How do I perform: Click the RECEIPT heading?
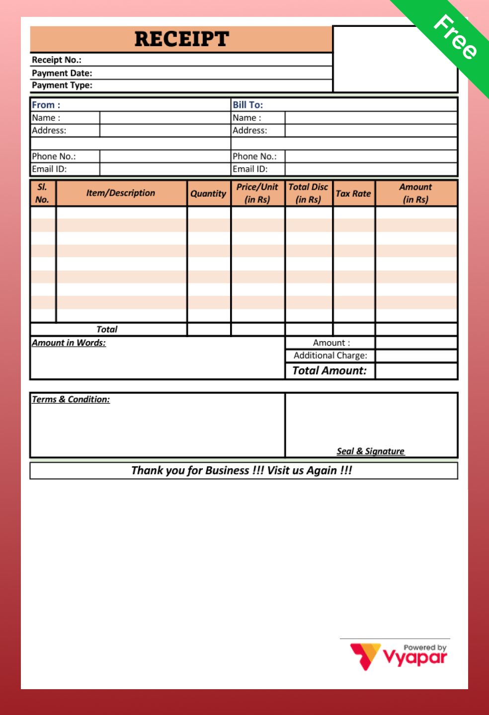181,39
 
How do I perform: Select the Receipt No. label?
57,60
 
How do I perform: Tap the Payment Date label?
62,73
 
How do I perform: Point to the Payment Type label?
62,85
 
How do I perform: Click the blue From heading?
46,105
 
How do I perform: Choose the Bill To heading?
247,105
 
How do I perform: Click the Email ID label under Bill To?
250,169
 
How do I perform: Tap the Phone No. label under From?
54,156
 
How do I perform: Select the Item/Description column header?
120,193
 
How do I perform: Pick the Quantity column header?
208,194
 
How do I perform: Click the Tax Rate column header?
353,194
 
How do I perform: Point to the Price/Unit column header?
257,193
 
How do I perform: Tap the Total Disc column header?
308,193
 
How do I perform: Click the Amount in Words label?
69,343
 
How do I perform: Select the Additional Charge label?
330,356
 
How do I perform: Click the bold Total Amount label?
329,370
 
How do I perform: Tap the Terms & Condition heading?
71,399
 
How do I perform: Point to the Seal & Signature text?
370,451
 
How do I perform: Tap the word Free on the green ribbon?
455,37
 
